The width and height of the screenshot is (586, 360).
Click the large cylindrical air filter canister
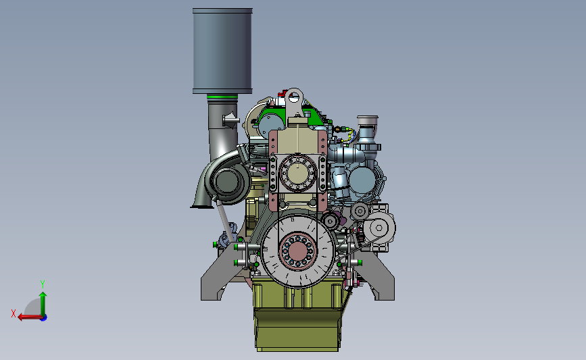click(x=222, y=51)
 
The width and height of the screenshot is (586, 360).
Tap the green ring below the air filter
click(x=222, y=97)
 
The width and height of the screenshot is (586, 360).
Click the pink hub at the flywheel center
click(x=298, y=250)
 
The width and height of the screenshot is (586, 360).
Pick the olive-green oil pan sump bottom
click(x=298, y=330)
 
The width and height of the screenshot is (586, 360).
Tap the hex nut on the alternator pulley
click(x=379, y=228)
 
